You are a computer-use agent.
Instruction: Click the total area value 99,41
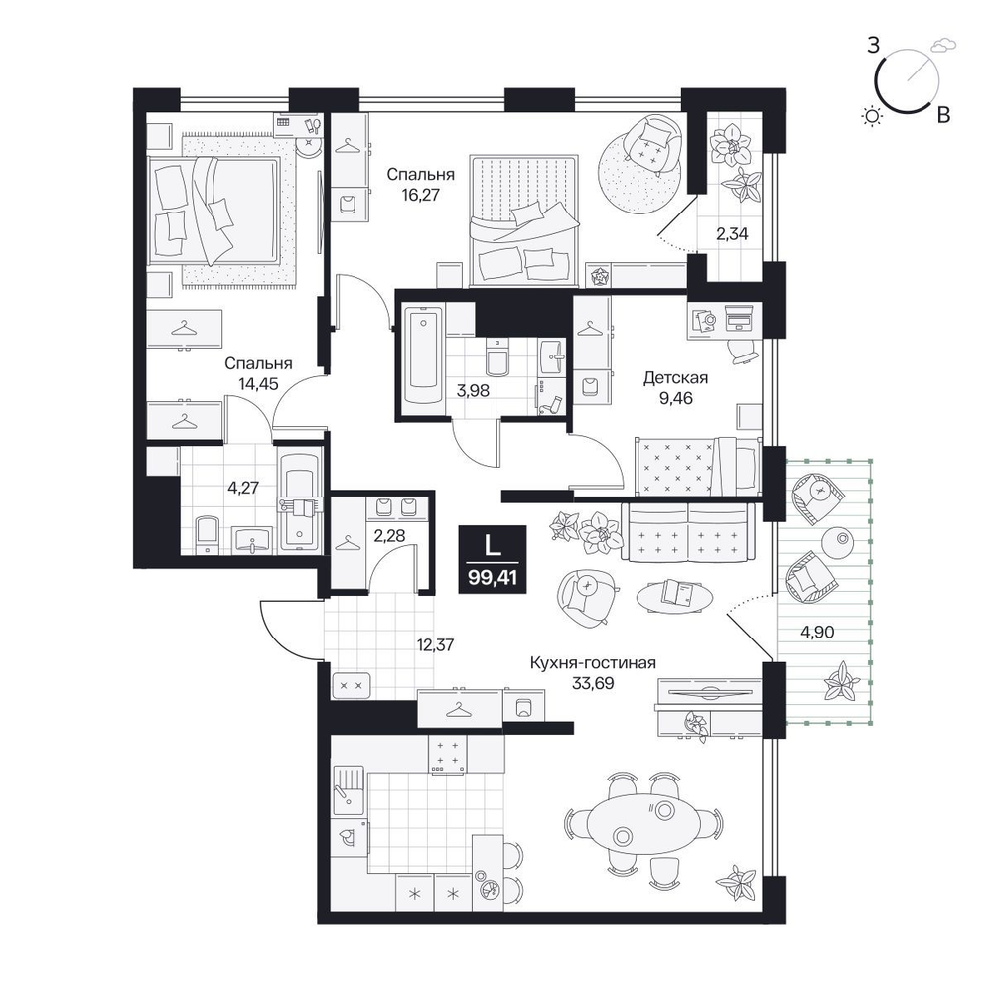click(x=493, y=577)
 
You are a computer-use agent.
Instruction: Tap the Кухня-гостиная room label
click(x=593, y=663)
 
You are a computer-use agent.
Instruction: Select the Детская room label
click(x=675, y=378)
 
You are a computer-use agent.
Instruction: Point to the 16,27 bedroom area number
click(x=420, y=194)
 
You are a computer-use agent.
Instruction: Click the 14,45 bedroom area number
click(x=258, y=383)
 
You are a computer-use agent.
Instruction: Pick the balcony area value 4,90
click(x=817, y=632)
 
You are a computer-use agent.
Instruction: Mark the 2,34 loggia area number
click(x=732, y=234)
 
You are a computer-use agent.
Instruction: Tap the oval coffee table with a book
click(x=675, y=595)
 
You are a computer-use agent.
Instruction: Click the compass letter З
click(x=873, y=46)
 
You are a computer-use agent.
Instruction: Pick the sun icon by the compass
click(x=873, y=116)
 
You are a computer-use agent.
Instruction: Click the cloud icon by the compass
click(x=943, y=45)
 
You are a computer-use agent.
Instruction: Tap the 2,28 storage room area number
click(x=389, y=536)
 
